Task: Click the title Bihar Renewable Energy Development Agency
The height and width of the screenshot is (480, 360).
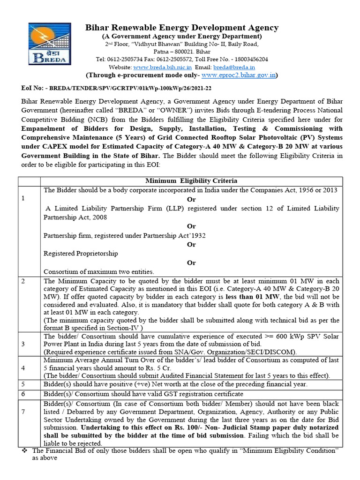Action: coord(182,28)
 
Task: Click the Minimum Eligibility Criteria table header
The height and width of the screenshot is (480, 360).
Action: coord(191,180)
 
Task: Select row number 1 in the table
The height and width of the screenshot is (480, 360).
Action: coord(23,198)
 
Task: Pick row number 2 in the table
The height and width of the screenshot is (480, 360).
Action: coord(23,281)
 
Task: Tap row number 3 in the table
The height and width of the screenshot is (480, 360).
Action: coord(23,344)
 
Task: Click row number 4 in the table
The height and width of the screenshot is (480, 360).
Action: coord(23,367)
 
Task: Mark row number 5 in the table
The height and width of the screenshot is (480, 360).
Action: coord(23,384)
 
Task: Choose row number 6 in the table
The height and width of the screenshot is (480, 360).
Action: coord(23,394)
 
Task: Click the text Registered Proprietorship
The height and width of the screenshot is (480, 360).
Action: coord(81,253)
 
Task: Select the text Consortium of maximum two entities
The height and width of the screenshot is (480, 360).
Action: coord(99,271)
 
